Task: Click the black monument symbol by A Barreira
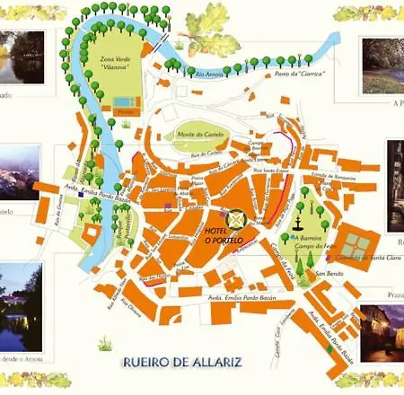(x=298, y=217)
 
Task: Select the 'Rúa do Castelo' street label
(x=206, y=155)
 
